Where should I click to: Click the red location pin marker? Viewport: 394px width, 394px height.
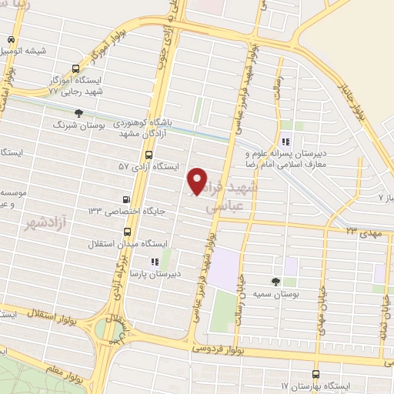198,180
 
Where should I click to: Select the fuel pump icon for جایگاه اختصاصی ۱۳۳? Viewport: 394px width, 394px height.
125,198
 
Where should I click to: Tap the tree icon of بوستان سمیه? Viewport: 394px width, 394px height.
276,282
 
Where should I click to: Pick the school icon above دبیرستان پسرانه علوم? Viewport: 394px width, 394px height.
285,141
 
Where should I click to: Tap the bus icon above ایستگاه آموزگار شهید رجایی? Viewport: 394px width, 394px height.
75,68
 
